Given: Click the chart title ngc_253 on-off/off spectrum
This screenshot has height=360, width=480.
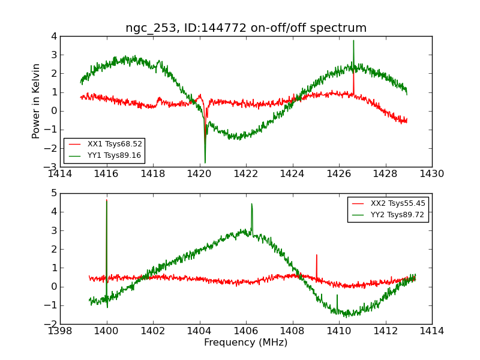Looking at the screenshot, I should tap(246, 28).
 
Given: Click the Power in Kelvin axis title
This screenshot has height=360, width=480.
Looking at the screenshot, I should tap(37, 101).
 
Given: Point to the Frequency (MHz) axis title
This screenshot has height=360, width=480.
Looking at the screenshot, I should tap(246, 343).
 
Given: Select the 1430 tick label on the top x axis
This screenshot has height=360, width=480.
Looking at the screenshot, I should tap(431, 175).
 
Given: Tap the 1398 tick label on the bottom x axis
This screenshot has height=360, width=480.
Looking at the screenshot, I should tap(61, 331).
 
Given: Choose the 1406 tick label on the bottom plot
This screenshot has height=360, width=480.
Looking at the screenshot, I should tap(246, 331).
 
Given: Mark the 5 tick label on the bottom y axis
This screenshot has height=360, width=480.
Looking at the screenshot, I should tap(53, 193).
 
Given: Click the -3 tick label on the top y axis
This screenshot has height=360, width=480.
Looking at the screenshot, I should tap(52, 167).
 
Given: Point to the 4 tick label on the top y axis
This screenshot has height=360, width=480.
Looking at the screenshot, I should tap(53, 37).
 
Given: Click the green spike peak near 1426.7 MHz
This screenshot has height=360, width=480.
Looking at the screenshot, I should tap(353, 40).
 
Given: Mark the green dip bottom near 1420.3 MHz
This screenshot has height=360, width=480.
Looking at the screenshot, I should tap(205, 163).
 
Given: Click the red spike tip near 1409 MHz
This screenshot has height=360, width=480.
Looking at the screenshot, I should tap(316, 254).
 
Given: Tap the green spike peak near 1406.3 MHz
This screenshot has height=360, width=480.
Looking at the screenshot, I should tap(251, 203).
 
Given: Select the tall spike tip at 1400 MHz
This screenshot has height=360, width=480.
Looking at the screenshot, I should tap(107, 200).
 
